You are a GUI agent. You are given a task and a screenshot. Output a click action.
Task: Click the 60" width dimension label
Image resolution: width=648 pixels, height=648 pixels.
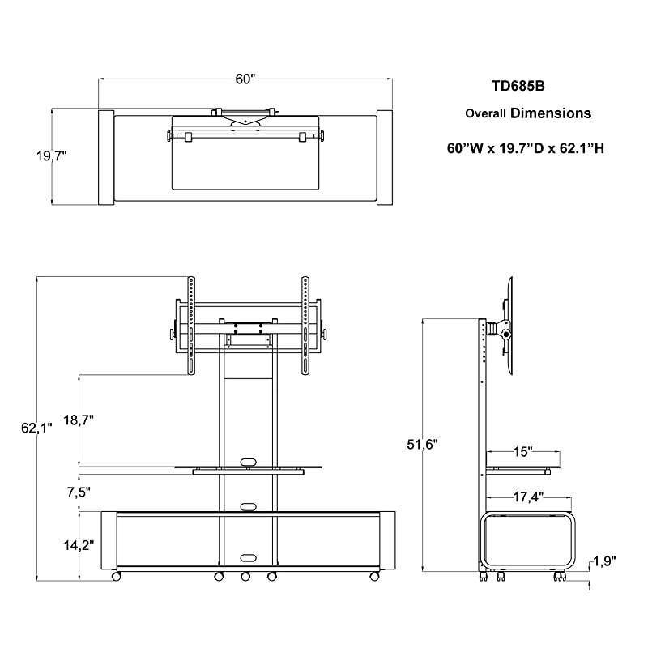click(x=245, y=79)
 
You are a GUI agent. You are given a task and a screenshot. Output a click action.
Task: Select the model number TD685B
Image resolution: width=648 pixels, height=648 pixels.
click(x=514, y=84)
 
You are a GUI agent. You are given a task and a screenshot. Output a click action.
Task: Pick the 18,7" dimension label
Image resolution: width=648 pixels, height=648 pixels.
click(x=79, y=420)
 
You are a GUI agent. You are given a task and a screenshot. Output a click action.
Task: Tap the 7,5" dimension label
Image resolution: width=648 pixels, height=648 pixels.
click(x=79, y=491)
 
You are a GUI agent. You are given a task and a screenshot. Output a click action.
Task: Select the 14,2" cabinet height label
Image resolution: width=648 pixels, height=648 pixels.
click(x=79, y=545)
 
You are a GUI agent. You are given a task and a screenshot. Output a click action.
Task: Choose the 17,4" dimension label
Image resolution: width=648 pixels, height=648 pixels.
click(x=526, y=495)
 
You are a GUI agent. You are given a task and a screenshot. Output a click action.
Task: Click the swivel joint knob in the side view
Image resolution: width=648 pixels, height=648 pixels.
click(x=506, y=333)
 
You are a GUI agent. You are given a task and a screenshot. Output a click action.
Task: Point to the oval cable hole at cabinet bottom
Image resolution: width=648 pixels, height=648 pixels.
click(x=247, y=557)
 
